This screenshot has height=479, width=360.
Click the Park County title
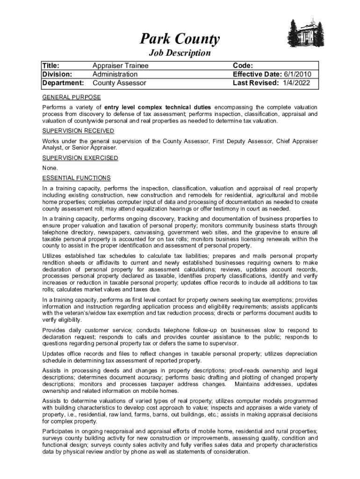pos(180,40)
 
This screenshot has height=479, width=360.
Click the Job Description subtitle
pos(180,53)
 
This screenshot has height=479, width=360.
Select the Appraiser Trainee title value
pos(120,66)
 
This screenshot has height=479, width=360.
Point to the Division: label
pos(58,74)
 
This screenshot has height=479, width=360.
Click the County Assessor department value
pos(119,83)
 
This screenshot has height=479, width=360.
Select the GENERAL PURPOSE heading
pos(72,97)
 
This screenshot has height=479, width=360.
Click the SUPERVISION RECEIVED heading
pos(78,131)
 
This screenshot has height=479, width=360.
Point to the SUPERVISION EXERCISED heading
pos(80,158)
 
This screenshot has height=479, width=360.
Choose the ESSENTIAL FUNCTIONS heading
pos(76,178)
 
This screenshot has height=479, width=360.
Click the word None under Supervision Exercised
pos(50,168)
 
